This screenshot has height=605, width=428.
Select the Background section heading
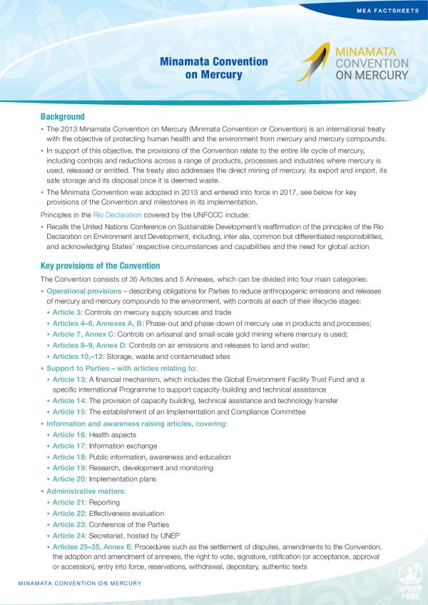pos(63,116)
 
